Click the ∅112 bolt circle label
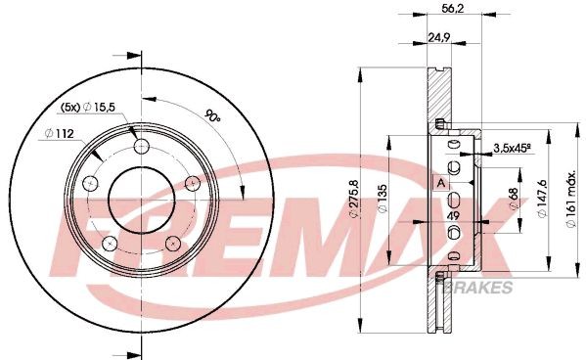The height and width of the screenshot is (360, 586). click(62, 135)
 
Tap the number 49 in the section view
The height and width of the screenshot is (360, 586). click(453, 216)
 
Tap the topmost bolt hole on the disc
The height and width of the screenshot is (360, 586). click(143, 147)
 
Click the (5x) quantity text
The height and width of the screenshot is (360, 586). click(70, 105)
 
